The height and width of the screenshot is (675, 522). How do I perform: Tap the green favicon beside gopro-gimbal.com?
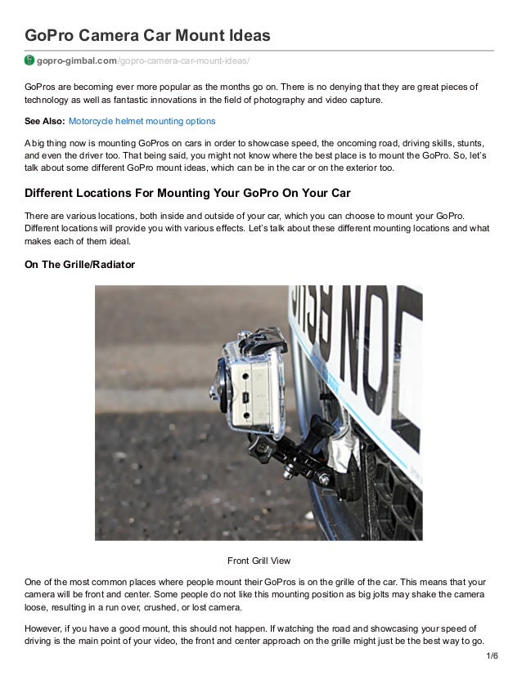pos(29,61)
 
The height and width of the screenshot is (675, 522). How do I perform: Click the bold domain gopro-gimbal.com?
pos(78,61)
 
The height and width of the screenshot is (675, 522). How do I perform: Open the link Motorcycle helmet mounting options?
pos(142,121)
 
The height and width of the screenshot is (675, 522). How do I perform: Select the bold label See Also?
pos(44,121)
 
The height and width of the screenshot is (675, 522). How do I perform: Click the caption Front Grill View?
pos(259,561)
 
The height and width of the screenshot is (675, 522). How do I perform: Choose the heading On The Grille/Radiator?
pos(80,265)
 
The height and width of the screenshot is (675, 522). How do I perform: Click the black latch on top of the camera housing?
pos(255,337)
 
